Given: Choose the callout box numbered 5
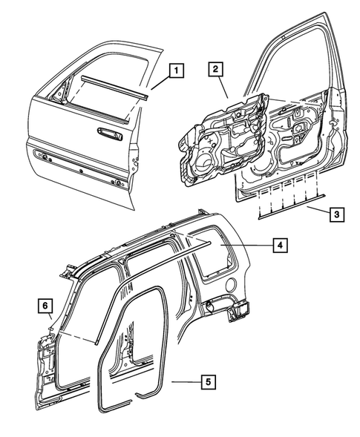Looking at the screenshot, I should coord(209,382).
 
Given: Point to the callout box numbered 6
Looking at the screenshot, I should coord(46,305).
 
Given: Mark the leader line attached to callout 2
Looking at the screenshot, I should coord(221,88).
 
